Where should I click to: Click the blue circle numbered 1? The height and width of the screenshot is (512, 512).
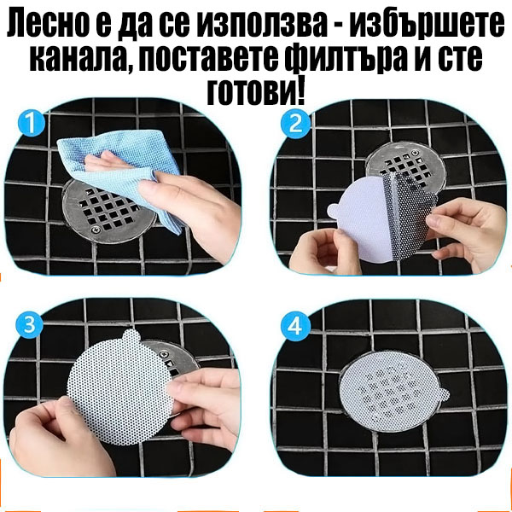tap(31, 125)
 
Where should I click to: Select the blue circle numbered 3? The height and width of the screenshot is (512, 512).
tap(31, 325)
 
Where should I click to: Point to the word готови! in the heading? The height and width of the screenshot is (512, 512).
tap(256, 91)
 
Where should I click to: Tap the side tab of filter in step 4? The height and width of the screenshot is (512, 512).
tap(443, 392)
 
